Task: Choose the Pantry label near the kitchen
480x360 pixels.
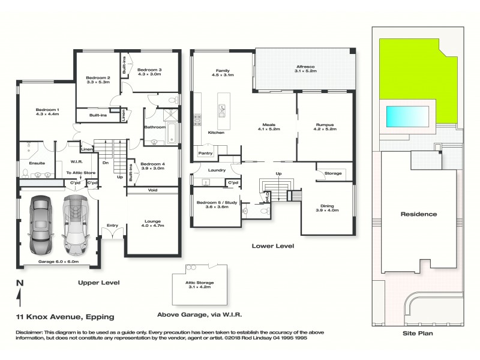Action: click(205, 153)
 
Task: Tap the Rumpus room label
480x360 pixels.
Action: click(325, 125)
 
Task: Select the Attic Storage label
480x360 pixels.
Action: click(199, 283)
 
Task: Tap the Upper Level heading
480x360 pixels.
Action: click(98, 282)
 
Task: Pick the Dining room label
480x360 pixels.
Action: click(328, 207)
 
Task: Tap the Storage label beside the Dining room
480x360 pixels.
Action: click(332, 173)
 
